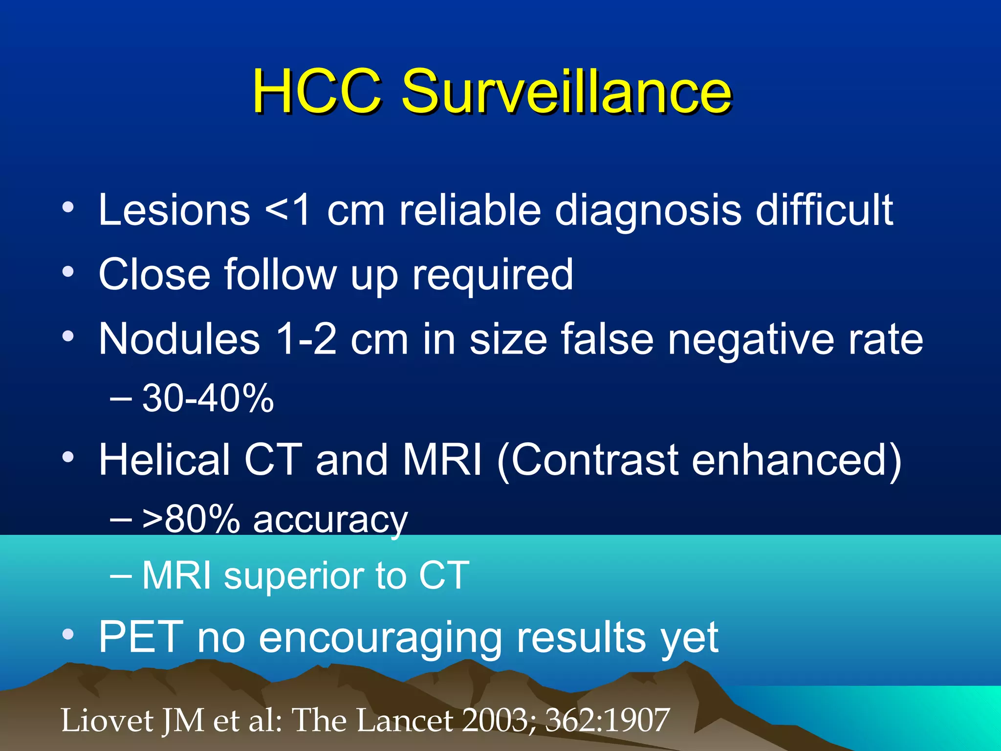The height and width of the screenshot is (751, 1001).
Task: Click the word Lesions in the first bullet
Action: tap(174, 210)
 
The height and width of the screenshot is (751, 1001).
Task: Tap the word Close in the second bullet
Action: tap(154, 274)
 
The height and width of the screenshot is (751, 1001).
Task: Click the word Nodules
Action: tap(179, 338)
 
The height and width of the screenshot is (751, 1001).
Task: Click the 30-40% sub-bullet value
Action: tap(208, 398)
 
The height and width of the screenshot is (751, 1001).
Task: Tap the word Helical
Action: tap(164, 459)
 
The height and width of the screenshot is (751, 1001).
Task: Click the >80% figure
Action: tap(191, 519)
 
